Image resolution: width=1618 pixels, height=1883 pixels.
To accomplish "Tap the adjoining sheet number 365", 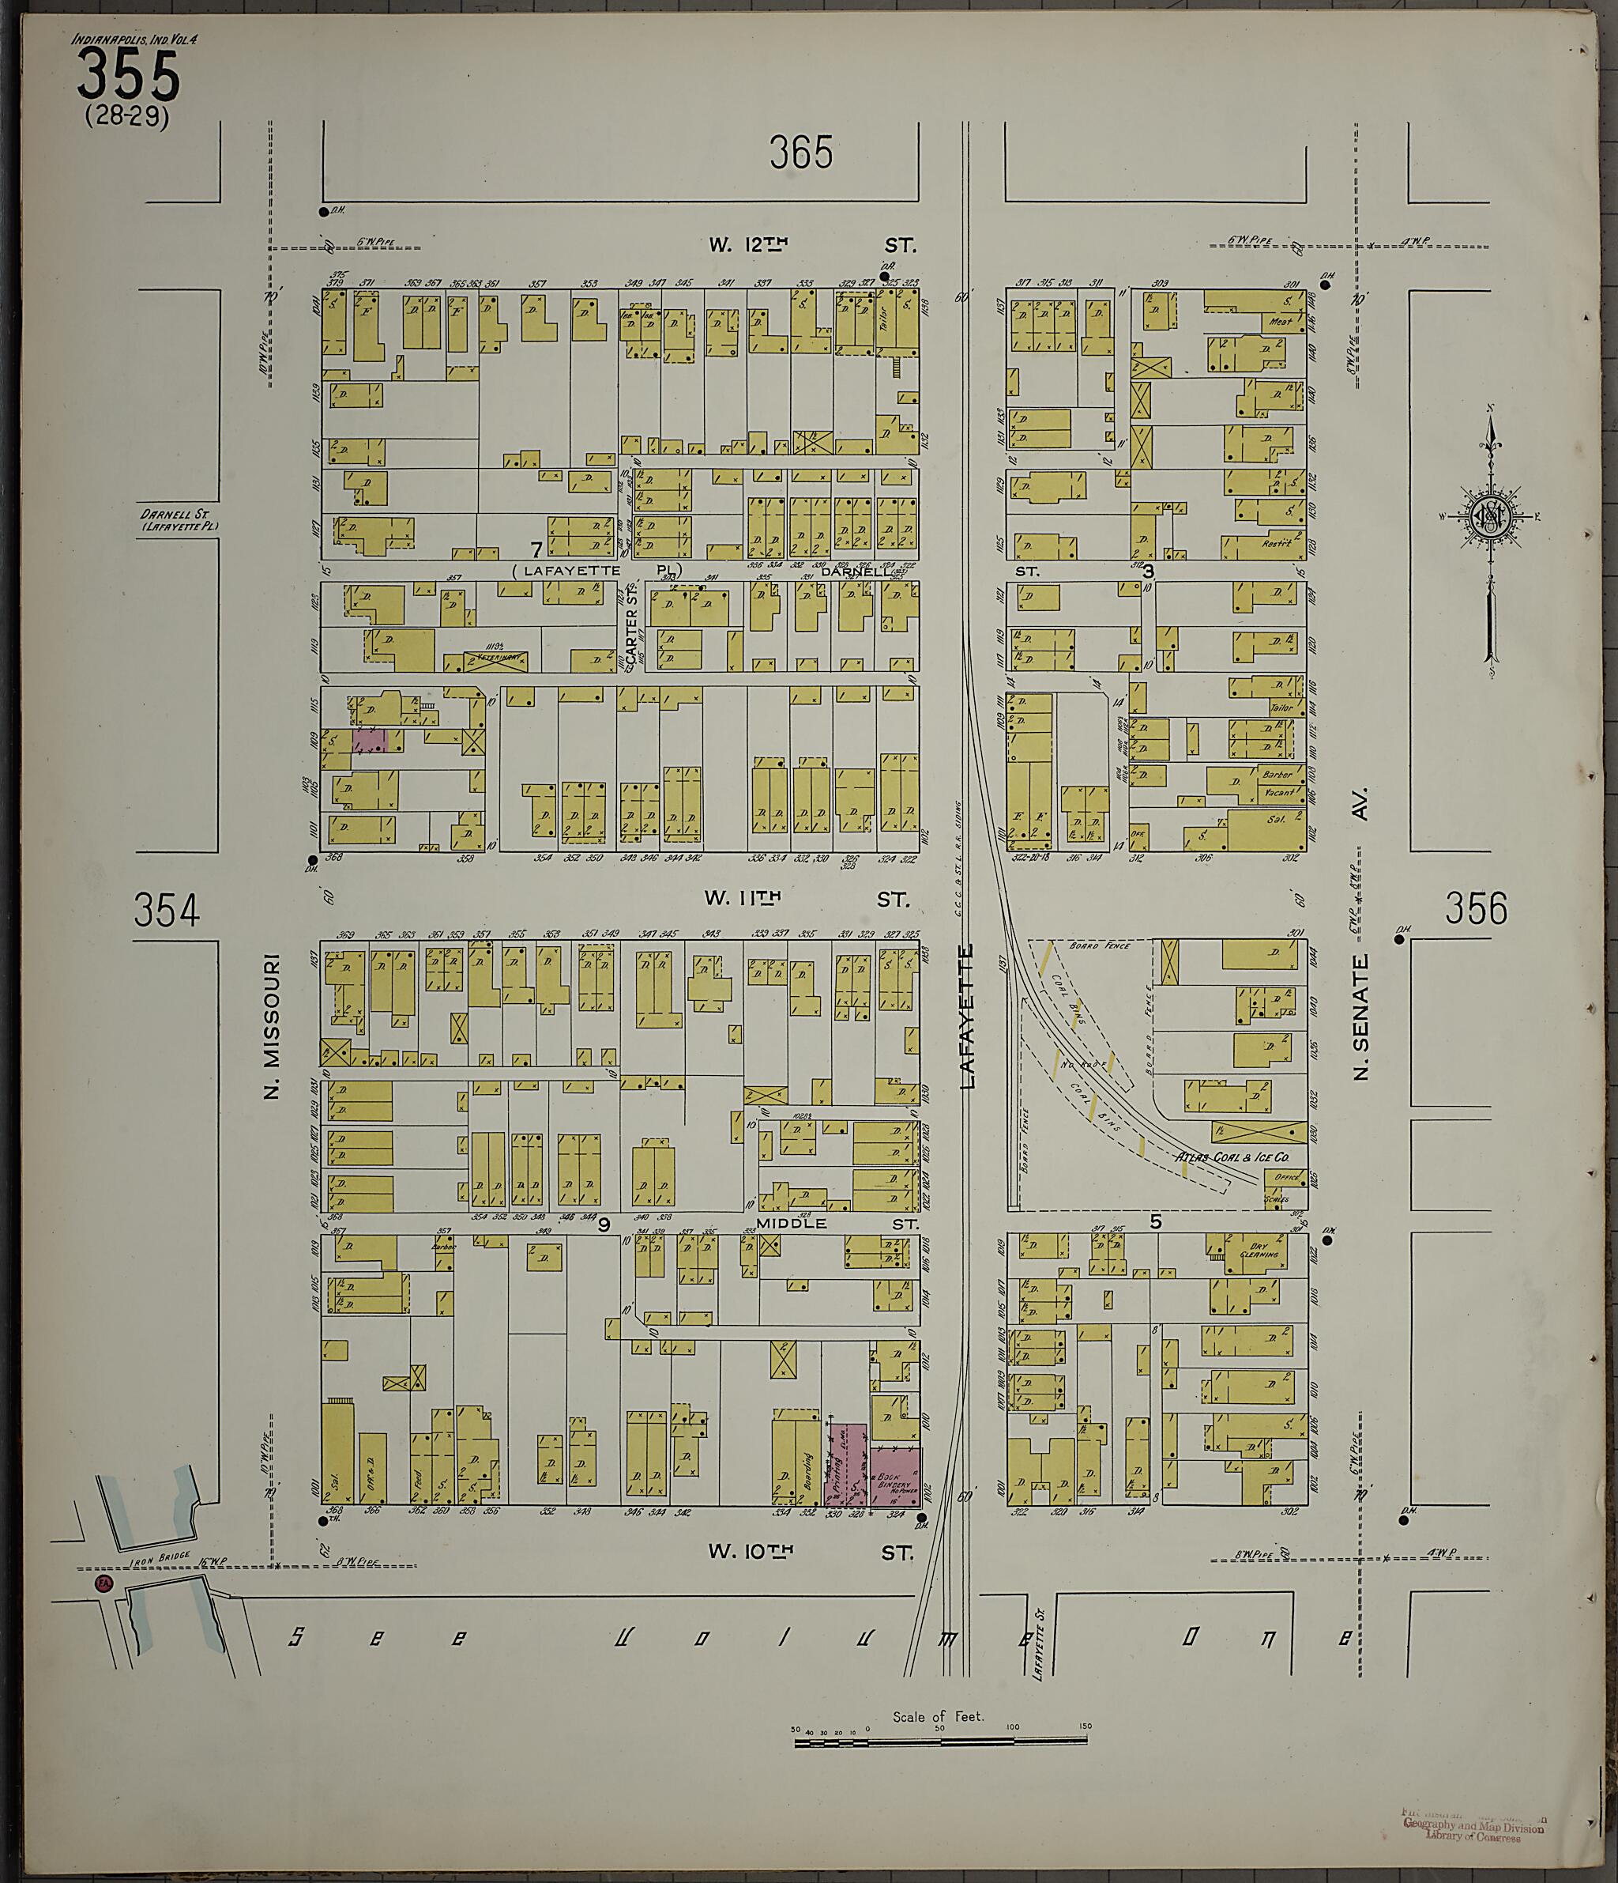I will coord(800,153).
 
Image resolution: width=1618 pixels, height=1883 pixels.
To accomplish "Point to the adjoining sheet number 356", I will coord(1475,909).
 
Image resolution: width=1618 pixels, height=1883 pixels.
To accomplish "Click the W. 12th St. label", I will coord(812,244).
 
